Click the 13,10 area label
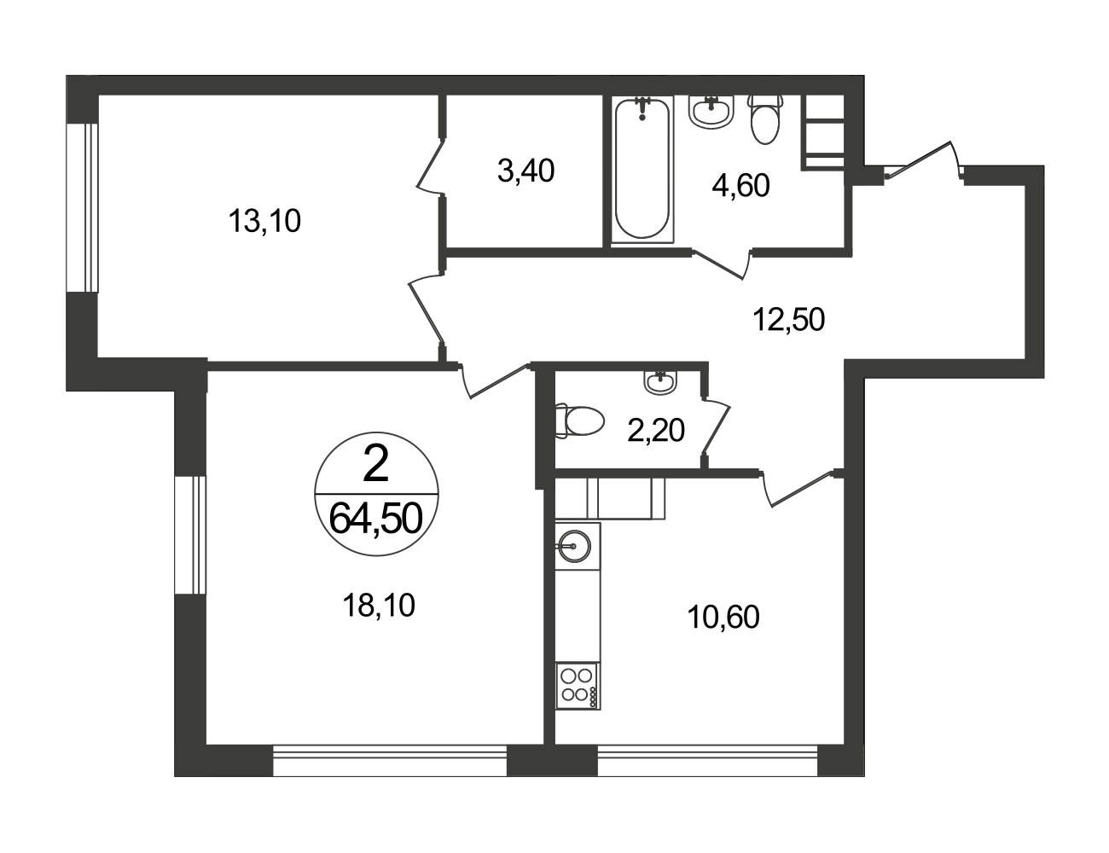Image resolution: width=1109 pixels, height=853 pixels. pos(264,222)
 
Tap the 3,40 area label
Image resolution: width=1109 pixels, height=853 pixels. pos(525,171)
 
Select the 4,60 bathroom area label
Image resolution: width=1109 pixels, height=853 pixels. pos(740,185)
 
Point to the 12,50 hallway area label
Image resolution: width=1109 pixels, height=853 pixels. pos(789,320)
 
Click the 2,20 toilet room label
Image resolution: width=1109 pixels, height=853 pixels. pos(656,431)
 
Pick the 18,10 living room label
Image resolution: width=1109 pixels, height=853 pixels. pos(379,606)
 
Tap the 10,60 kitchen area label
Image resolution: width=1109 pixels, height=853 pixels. pos(723,617)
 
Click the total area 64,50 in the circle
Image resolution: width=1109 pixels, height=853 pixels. pos(376,519)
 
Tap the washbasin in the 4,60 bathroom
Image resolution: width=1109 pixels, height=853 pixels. pos(711,113)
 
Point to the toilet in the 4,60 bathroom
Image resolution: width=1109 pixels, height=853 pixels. pos(764,119)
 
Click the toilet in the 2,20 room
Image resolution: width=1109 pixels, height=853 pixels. pos(579,421)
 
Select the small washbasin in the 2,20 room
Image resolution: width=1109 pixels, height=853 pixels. pos(660,381)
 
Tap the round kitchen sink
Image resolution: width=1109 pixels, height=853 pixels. pos(575,546)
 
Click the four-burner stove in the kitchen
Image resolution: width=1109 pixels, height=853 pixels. pos(578,686)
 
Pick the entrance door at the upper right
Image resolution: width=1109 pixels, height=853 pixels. pos(924,160)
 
